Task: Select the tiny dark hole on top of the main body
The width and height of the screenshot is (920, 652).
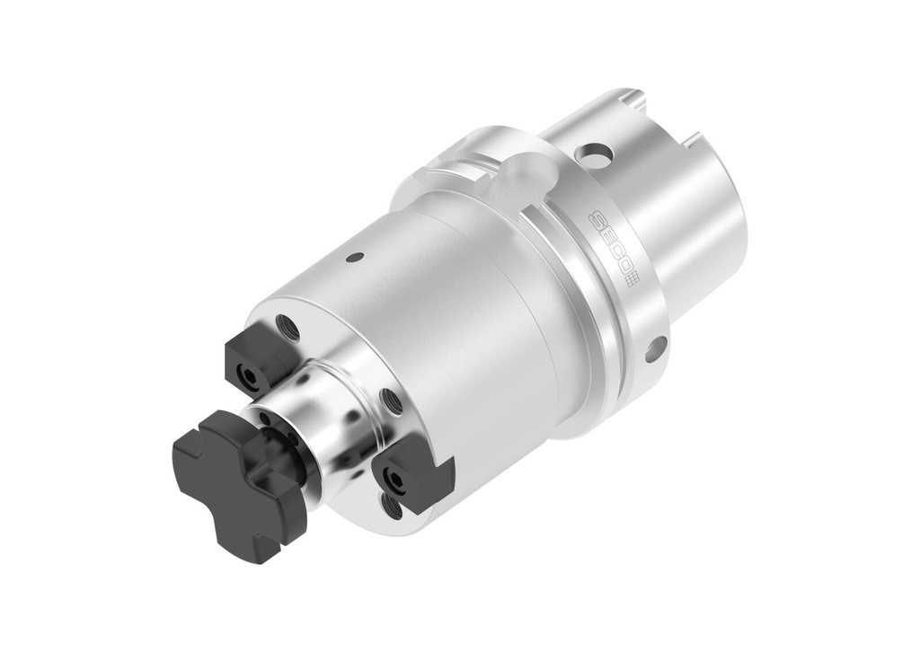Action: tap(355, 257)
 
